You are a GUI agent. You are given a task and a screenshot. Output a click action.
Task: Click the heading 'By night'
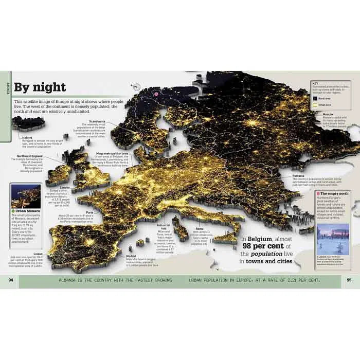tap(40, 87)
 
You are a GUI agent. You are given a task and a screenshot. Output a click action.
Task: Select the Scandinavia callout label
tap(97, 122)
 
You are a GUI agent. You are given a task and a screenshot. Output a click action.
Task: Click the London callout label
tap(65, 187)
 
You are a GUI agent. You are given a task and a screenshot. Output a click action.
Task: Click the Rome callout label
tap(200, 228)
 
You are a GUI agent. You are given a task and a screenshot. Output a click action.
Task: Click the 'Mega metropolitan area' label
tap(112, 153)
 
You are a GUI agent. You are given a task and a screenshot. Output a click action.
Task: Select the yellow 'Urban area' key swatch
tap(314, 104)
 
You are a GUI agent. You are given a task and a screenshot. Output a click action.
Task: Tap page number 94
tap(11, 280)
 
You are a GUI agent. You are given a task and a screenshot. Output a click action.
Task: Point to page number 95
tap(349, 280)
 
